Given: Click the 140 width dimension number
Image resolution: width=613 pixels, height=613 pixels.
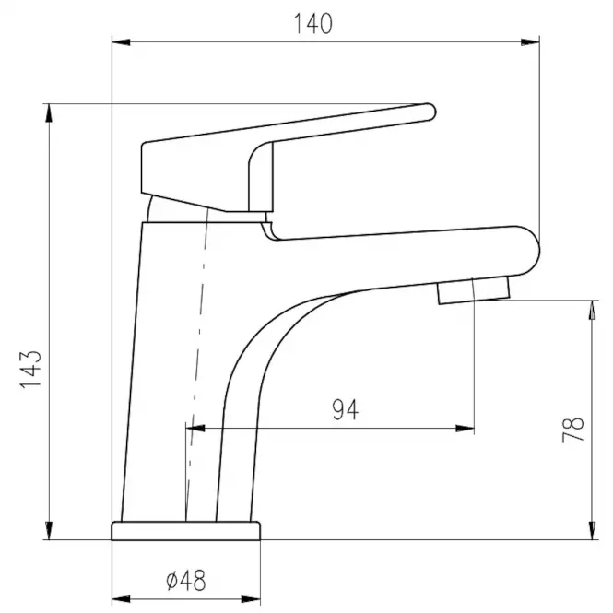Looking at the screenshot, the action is click(x=312, y=23).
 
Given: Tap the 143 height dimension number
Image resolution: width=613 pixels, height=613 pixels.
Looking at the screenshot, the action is click(x=30, y=370).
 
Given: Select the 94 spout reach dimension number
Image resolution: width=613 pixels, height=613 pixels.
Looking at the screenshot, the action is click(x=345, y=409).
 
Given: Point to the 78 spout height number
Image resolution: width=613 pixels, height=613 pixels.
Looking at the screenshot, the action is click(x=572, y=430).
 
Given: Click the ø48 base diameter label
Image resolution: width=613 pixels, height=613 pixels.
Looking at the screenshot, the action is click(x=185, y=580).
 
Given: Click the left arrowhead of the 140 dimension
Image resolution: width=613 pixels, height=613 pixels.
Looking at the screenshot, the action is click(x=121, y=42).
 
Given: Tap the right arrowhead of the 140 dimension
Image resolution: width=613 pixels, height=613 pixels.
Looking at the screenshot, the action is click(x=530, y=42).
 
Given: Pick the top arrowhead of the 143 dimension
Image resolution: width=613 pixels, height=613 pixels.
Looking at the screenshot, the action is click(x=49, y=113).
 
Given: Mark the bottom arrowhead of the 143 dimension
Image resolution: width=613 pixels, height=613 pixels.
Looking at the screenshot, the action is click(x=49, y=531).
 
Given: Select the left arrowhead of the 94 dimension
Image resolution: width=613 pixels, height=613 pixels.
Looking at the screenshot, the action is click(x=195, y=429).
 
